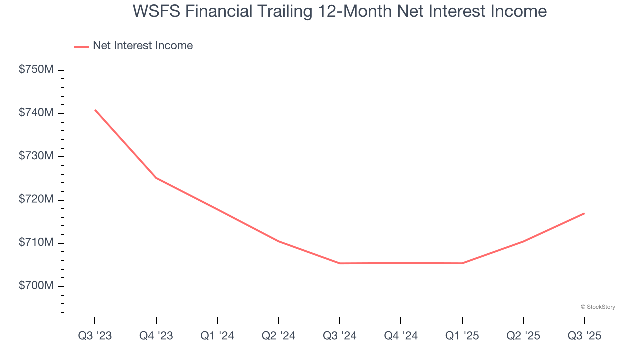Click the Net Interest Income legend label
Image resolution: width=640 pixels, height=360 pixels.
[x=142, y=46]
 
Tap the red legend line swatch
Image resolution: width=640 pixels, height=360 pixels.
[x=81, y=46]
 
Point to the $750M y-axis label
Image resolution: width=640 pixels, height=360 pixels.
[x=36, y=70]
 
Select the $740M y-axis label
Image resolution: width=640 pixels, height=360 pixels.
[x=36, y=113]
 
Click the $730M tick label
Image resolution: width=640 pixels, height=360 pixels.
[x=36, y=156]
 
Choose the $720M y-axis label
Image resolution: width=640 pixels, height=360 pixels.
[x=36, y=200]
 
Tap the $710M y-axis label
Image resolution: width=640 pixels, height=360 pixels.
[x=36, y=243]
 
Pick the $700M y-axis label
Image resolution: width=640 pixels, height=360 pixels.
[x=36, y=286]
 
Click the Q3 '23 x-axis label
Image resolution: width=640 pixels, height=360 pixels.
[x=95, y=336]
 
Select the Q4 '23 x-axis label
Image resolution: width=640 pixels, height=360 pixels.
[x=156, y=336]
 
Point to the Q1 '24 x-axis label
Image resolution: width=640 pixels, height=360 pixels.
[x=217, y=336]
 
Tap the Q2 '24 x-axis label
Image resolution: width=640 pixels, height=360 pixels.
[x=278, y=336]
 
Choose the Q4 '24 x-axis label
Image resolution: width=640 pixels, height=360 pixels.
[x=401, y=336]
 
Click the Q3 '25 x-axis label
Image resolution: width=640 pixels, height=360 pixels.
[x=584, y=336]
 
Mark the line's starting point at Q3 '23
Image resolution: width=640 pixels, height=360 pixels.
[x=95, y=110]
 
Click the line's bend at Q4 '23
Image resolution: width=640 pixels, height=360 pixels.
[x=156, y=178]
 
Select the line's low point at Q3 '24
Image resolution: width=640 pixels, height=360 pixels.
[x=340, y=263]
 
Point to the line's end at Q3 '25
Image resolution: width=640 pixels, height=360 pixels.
[x=584, y=213]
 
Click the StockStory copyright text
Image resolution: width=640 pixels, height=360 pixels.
[x=598, y=307]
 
